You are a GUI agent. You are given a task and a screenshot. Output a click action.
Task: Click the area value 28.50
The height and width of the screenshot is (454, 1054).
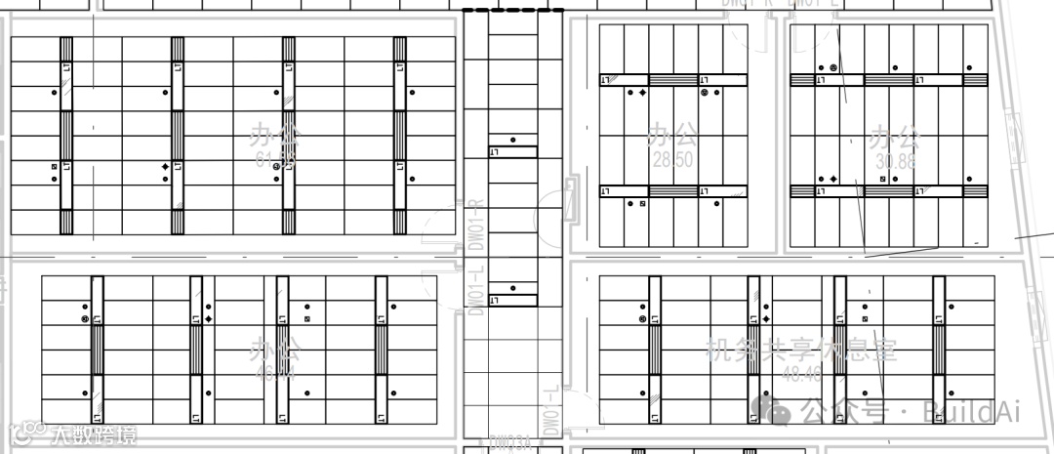(672, 158)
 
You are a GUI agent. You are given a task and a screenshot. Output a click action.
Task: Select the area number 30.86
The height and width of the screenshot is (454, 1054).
(895, 161)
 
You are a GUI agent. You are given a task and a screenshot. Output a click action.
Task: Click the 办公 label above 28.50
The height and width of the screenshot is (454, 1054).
(672, 135)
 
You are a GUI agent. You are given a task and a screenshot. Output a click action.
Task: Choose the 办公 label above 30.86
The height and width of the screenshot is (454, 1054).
(895, 136)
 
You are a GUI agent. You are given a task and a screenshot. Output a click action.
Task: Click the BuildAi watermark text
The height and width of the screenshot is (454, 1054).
(971, 412)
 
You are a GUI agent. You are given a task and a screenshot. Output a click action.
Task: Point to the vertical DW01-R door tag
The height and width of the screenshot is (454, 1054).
(476, 226)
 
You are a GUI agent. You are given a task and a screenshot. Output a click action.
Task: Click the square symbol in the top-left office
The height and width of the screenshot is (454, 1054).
(55, 167)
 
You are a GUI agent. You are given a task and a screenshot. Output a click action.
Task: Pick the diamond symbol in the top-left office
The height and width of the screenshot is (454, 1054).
(165, 168)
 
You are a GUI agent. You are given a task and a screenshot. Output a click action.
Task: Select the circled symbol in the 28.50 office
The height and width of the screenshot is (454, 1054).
(704, 93)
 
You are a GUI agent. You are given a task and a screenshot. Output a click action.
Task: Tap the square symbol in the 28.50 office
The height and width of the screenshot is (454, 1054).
(642, 203)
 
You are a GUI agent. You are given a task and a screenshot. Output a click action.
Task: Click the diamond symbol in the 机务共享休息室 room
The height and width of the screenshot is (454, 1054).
(766, 319)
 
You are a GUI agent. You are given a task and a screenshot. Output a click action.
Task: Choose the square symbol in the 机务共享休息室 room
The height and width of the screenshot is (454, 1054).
(865, 319)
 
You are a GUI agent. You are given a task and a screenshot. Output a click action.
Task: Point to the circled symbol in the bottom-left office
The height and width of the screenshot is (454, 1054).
(85, 319)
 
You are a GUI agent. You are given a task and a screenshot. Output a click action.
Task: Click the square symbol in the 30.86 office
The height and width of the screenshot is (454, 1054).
(882, 180)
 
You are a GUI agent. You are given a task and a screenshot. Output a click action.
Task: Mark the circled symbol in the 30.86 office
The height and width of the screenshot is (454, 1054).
(832, 68)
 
